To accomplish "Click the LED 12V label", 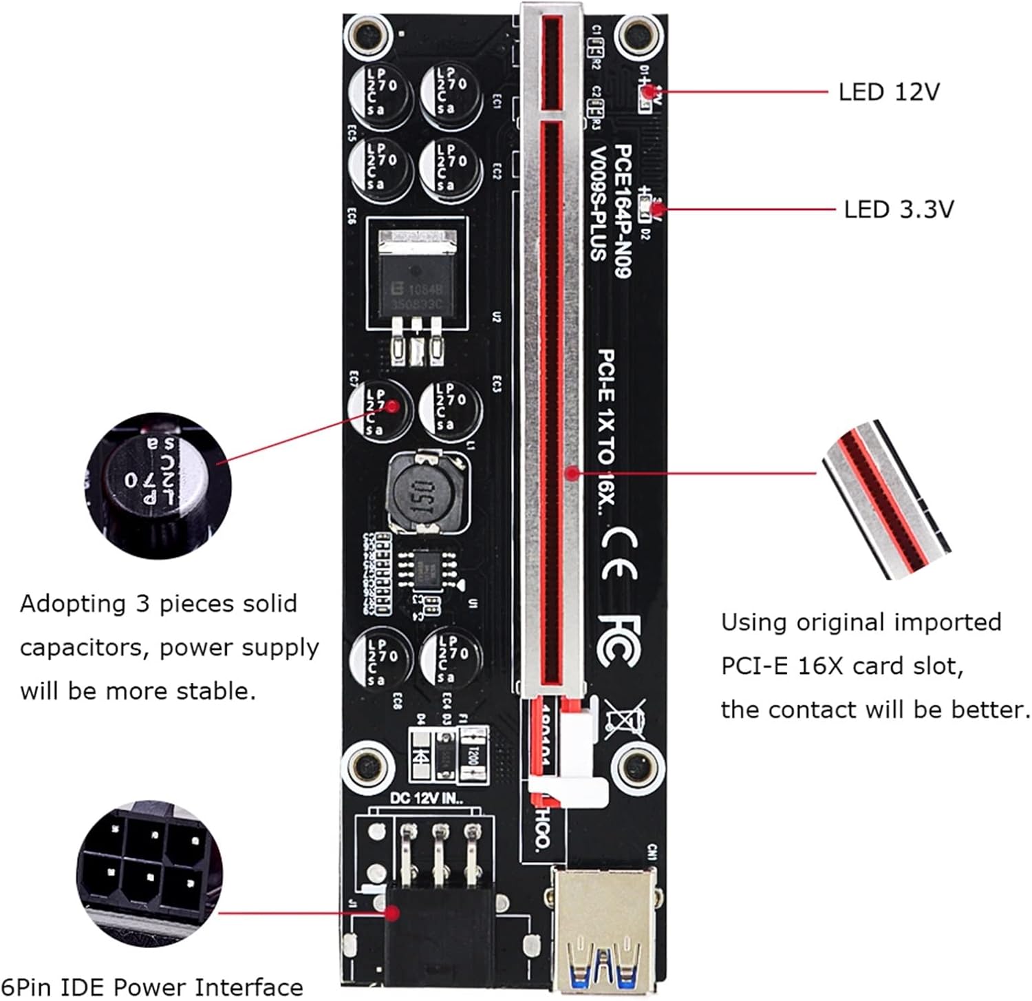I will click(x=888, y=92).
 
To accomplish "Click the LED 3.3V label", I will click(x=899, y=209).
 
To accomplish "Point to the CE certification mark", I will click(x=619, y=554).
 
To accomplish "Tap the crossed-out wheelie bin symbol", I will click(x=625, y=718).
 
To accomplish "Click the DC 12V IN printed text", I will click(x=427, y=799).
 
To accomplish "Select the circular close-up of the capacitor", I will click(x=159, y=486).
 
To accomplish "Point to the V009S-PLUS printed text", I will click(x=598, y=204).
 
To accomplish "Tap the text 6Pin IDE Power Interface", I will click(x=152, y=987).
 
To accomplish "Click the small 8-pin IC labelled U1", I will click(x=431, y=569).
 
